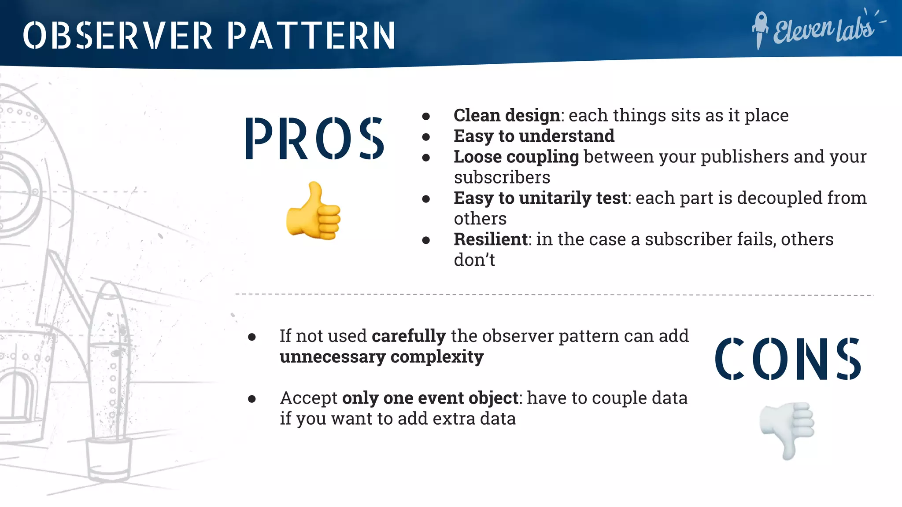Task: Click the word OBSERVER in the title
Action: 118,35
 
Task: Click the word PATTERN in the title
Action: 311,35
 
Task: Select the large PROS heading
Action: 314,138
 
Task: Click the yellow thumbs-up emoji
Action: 314,212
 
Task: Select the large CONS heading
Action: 787,359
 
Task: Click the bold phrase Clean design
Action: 506,116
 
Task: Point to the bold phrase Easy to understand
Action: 534,136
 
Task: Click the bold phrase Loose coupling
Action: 516,157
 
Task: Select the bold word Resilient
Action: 491,240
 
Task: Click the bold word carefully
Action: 409,336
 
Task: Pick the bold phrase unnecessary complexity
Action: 381,357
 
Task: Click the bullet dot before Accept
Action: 252,399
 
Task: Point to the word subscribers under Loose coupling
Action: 502,178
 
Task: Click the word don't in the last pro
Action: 474,261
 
